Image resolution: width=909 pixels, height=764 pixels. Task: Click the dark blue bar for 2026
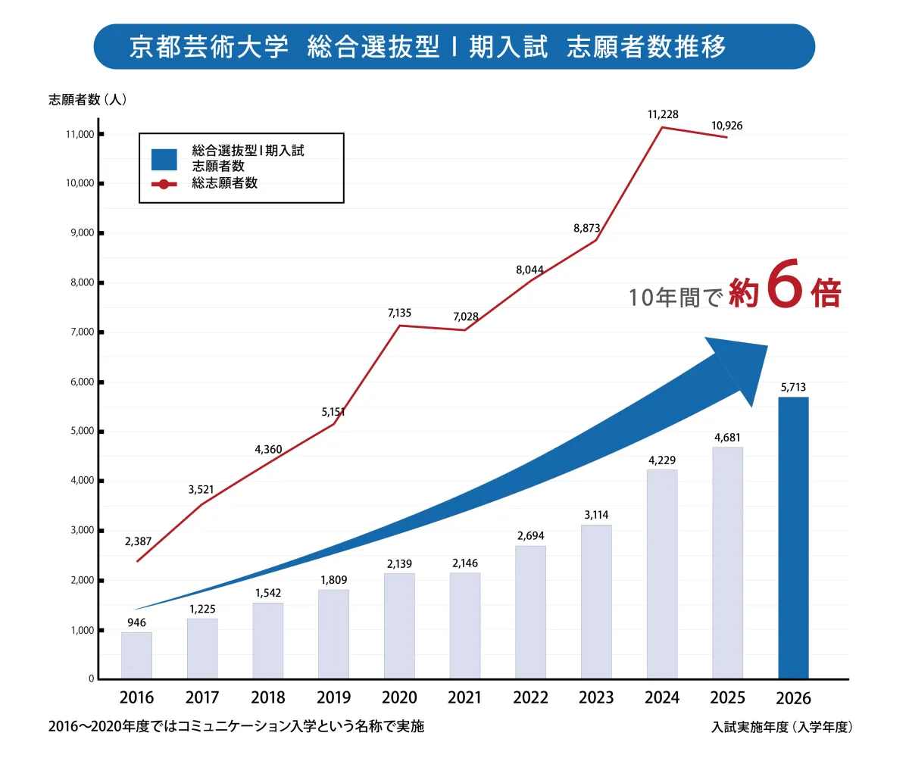pyautogui.click(x=793, y=538)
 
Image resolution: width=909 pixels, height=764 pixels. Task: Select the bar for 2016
pyautogui.click(x=136, y=656)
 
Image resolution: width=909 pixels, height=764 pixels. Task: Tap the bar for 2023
pyautogui.click(x=596, y=602)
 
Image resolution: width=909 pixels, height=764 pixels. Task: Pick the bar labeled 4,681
pyautogui.click(x=727, y=563)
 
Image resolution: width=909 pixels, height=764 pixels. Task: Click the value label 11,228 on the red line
pyautogui.click(x=663, y=114)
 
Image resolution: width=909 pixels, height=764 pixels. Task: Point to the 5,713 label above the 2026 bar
pyautogui.click(x=793, y=388)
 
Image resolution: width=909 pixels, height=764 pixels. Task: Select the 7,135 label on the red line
pyautogui.click(x=399, y=313)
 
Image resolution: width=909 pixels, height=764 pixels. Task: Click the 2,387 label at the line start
pyautogui.click(x=138, y=541)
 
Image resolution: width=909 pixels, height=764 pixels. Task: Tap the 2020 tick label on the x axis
pyautogui.click(x=399, y=697)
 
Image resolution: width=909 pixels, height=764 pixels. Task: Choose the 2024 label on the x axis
pyautogui.click(x=662, y=697)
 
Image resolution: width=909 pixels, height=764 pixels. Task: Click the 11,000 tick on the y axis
pyautogui.click(x=80, y=135)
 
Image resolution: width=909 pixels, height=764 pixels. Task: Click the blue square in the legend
pyautogui.click(x=164, y=159)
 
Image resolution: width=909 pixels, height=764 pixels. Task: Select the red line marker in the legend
pyautogui.click(x=164, y=183)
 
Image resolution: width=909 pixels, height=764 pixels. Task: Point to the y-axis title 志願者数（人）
pyautogui.click(x=88, y=99)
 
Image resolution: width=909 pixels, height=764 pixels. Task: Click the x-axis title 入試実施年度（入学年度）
pyautogui.click(x=782, y=727)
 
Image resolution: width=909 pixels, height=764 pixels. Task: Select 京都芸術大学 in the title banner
pyautogui.click(x=209, y=47)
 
